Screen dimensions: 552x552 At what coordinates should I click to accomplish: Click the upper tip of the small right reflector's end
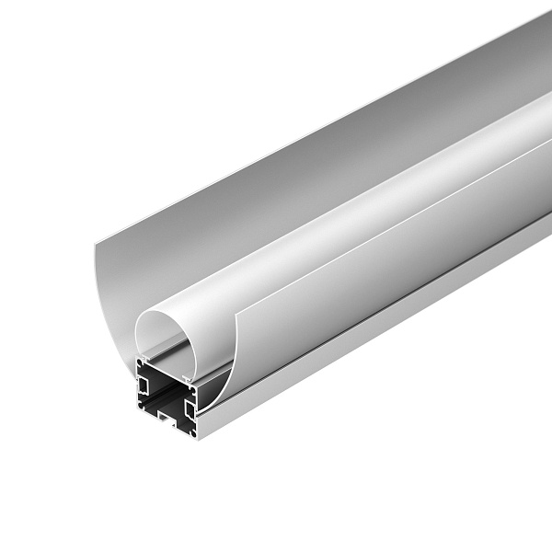click(x=236, y=314)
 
